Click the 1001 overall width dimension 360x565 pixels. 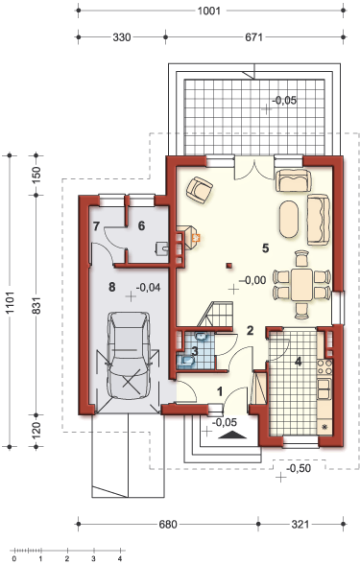209,11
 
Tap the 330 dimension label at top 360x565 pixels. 122,37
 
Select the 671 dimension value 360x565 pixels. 254,37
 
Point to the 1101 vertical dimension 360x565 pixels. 10,301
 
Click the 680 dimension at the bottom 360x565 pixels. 168,524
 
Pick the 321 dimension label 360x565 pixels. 300,524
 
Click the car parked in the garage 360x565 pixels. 129,355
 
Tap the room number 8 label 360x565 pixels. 112,287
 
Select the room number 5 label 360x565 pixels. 266,247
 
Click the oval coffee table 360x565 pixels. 289,219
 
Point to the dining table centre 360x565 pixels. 302,284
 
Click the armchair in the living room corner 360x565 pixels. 199,187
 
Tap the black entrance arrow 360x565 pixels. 232,435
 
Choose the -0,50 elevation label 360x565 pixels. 299,468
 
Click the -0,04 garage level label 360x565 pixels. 148,287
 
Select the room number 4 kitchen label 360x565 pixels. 299,362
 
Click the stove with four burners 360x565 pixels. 324,367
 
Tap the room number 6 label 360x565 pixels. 141,226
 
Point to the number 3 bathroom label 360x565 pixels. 195,351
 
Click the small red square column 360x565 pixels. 229,266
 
